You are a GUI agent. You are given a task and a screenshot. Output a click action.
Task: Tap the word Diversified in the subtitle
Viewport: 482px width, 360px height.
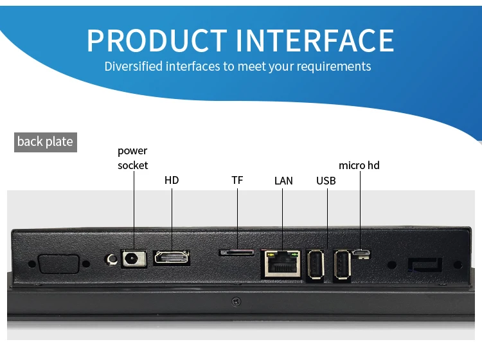tap(133, 66)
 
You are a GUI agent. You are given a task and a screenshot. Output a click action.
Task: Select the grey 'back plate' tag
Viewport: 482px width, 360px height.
tap(45, 141)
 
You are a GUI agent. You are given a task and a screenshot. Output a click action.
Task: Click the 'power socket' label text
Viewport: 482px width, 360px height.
tap(132, 158)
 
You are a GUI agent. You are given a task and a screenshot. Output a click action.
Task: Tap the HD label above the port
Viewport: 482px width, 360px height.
tap(172, 180)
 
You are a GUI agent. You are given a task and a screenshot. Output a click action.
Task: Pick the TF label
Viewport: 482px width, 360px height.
tap(237, 180)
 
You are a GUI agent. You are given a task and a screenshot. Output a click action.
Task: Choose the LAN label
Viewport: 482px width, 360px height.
tap(283, 181)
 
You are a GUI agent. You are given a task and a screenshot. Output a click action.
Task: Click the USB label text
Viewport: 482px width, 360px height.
tap(326, 181)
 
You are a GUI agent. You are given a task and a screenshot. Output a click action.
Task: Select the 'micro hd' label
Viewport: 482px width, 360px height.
tap(359, 165)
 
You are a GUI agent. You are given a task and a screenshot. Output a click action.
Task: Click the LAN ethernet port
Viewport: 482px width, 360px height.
tap(281, 262)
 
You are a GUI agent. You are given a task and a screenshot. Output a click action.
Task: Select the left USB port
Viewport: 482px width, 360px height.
tap(316, 264)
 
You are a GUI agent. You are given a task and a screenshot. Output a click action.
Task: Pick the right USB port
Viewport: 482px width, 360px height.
tap(341, 264)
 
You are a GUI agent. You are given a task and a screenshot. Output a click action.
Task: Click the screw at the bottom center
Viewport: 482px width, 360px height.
tap(237, 301)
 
